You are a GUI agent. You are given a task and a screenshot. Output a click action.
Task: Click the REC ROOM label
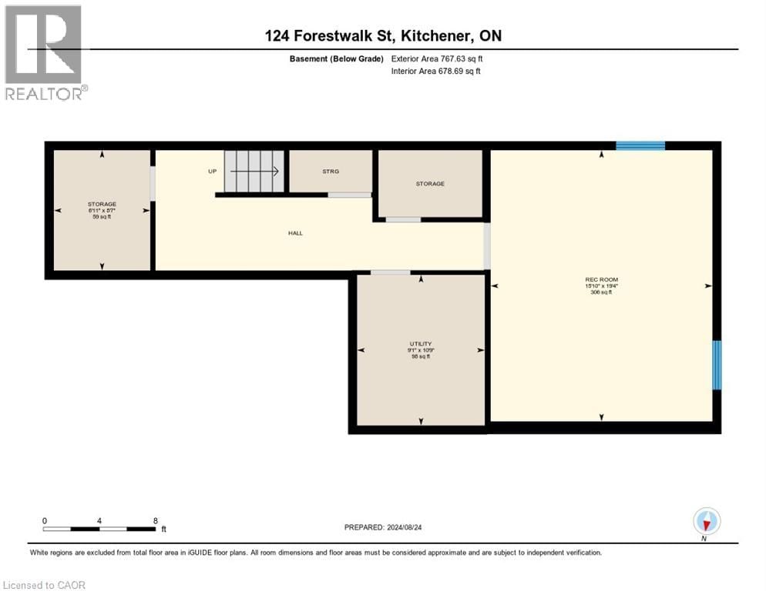tap(601, 279)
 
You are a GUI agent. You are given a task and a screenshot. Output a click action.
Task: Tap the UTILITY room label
tap(421, 344)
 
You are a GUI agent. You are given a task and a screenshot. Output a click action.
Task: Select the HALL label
tap(295, 232)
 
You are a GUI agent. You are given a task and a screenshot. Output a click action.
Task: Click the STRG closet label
tap(331, 172)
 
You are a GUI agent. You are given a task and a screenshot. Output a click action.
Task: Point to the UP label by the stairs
tap(213, 172)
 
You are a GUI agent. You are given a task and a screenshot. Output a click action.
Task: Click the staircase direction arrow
tap(254, 172)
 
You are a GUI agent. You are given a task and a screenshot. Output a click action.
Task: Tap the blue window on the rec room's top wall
tap(640, 145)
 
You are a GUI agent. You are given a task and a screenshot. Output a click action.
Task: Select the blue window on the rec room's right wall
tap(717, 365)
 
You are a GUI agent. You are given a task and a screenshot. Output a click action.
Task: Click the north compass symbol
tap(707, 521)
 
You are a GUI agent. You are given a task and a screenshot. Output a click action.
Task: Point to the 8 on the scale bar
tap(156, 520)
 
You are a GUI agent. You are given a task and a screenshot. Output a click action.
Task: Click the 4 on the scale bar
tap(99, 520)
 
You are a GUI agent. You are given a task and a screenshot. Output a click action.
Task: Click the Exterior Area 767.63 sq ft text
tap(438, 58)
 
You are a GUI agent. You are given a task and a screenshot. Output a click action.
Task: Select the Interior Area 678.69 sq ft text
tap(438, 72)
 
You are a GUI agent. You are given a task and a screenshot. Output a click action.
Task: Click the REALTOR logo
tap(44, 52)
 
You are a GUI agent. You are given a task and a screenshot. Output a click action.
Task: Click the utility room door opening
tap(390, 272)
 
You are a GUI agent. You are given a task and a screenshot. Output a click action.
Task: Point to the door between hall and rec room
tap(486, 245)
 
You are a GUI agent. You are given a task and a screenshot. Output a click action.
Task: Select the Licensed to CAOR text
tap(45, 585)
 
